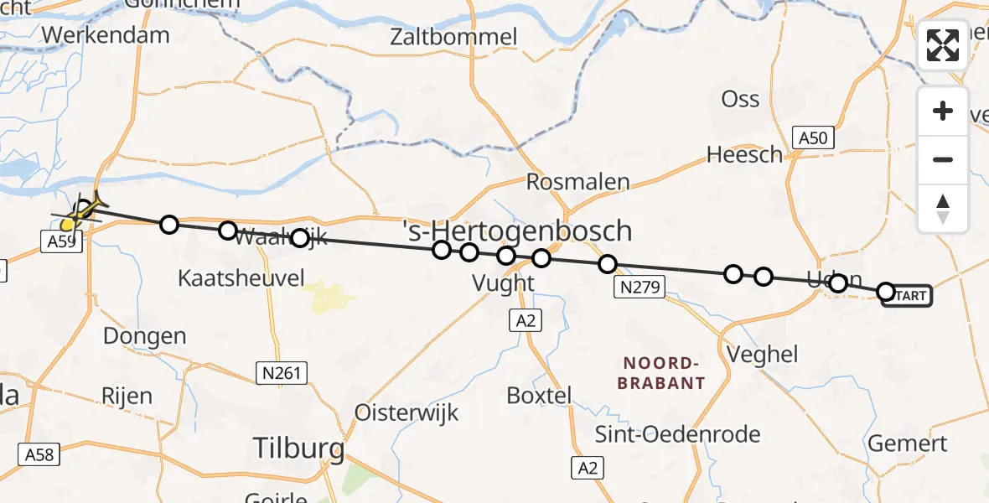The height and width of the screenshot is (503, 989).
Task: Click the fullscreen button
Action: (x=943, y=45)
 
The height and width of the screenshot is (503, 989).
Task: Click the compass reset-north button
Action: (x=943, y=209)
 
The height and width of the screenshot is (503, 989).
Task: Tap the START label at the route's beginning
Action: (x=908, y=296)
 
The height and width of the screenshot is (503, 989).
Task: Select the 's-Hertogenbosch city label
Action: (x=516, y=230)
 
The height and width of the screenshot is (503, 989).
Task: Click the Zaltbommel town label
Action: (x=453, y=37)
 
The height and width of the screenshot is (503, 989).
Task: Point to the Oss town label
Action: (x=740, y=99)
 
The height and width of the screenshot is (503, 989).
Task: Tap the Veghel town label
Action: (x=763, y=354)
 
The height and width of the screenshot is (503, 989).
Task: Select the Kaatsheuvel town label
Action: (x=241, y=278)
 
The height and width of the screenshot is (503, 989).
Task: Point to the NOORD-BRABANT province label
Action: (x=661, y=373)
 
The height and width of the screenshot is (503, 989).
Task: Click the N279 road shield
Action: (x=639, y=288)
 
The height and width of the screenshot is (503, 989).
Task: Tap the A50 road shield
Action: (x=813, y=138)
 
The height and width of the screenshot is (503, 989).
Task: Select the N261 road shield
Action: (x=281, y=372)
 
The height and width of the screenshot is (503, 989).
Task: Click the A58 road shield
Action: (x=40, y=454)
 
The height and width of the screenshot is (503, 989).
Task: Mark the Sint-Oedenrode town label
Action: (x=665, y=434)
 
